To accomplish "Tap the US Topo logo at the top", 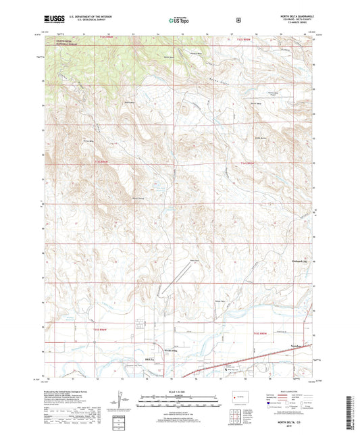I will coord(180,21).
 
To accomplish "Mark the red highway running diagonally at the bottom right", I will coord(257,355).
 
